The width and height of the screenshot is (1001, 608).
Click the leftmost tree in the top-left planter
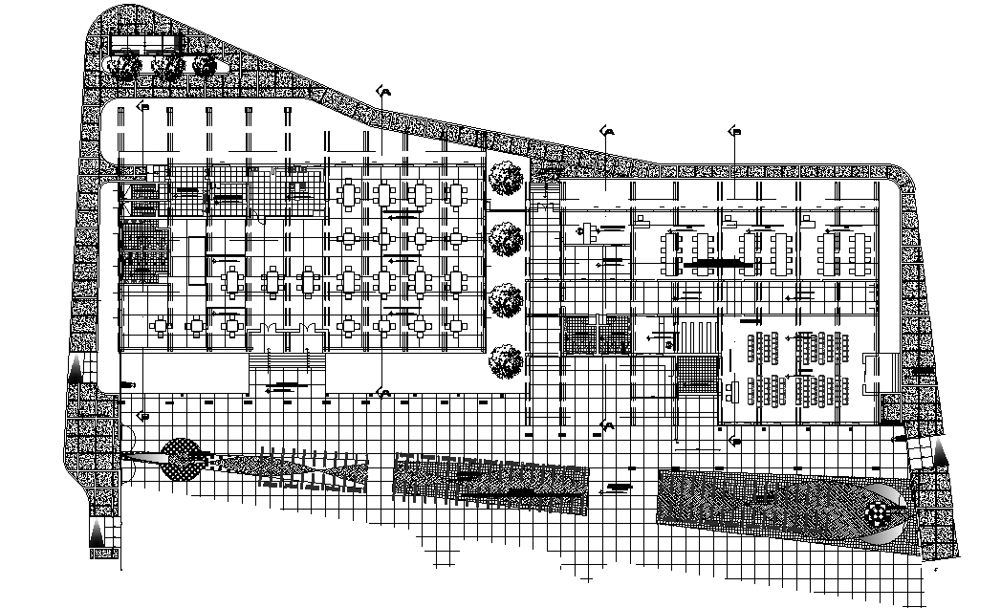click(x=121, y=65)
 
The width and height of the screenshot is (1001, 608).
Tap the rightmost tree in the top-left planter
click(x=204, y=65)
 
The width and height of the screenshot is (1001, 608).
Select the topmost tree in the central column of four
click(x=505, y=178)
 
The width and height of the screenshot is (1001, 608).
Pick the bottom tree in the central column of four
click(x=505, y=363)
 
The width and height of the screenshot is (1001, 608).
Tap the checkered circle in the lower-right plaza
click(x=877, y=515)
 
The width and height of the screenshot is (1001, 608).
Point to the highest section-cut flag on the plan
click(x=385, y=91)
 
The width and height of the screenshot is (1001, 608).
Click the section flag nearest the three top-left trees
click(x=143, y=107)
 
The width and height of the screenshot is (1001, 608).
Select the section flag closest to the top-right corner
click(x=734, y=131)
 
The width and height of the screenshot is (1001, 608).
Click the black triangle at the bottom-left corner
click(x=98, y=534)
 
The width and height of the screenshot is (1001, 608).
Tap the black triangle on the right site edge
click(x=942, y=454)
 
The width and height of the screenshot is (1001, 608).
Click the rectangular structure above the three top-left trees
click(x=145, y=45)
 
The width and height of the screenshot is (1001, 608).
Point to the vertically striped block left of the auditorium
click(x=700, y=336)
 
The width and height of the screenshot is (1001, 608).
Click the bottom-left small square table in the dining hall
click(x=197, y=327)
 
